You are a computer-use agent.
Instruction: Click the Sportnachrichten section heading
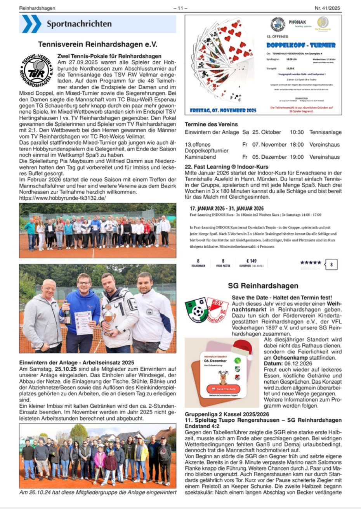coord(79,24)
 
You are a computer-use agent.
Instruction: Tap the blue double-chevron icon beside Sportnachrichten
coord(31,24)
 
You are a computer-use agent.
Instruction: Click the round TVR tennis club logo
coord(37,70)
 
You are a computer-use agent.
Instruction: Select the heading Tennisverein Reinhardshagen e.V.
coord(97,45)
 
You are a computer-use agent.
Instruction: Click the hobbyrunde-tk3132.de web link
coord(62,198)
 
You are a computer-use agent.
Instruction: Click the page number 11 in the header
coord(180,8)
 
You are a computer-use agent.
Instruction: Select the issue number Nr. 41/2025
coord(327,8)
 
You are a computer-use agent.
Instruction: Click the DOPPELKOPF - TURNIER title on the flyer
coord(301,45)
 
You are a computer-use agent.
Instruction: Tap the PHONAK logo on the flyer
coord(297,23)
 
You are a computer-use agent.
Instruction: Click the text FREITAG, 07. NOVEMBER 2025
coord(223,110)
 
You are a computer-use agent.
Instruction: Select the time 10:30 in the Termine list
coord(297,132)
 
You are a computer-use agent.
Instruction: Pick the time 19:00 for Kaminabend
coord(297,157)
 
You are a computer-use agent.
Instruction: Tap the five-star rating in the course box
coord(311,263)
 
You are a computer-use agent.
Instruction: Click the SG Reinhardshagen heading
coord(263,286)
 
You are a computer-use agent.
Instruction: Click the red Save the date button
coord(223,389)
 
